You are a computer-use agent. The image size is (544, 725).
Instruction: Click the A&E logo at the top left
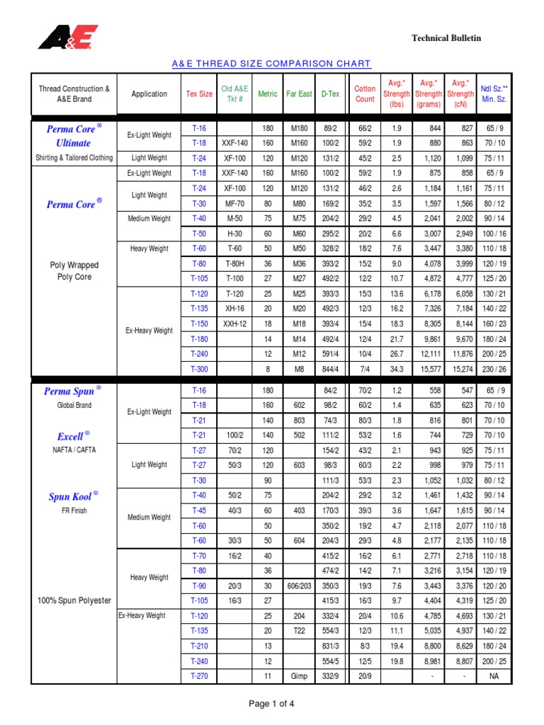[x=67, y=38]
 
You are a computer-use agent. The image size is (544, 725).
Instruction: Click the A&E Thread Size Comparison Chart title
[x=271, y=64]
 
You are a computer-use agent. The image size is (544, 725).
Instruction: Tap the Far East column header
[x=299, y=94]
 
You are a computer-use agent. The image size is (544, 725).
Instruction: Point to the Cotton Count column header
[x=365, y=94]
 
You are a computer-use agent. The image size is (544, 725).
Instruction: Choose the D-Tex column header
[x=330, y=94]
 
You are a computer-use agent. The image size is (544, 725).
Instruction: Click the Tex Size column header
[x=199, y=94]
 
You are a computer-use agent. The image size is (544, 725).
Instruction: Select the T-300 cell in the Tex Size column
[x=199, y=368]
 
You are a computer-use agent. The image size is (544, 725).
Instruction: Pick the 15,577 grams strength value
[x=431, y=368]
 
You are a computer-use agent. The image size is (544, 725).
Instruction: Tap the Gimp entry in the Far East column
[x=299, y=676]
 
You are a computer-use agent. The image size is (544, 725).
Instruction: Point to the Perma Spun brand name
[x=69, y=391]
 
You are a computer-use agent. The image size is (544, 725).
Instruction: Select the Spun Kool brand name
[x=69, y=497]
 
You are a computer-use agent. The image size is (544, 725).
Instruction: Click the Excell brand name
[x=69, y=436]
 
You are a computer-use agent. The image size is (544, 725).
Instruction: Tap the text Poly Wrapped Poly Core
[x=74, y=271]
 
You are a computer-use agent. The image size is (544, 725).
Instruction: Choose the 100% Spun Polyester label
[x=74, y=600]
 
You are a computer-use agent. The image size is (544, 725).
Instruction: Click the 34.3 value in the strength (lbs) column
[x=397, y=368]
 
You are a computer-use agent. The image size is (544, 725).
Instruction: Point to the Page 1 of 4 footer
[x=271, y=704]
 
